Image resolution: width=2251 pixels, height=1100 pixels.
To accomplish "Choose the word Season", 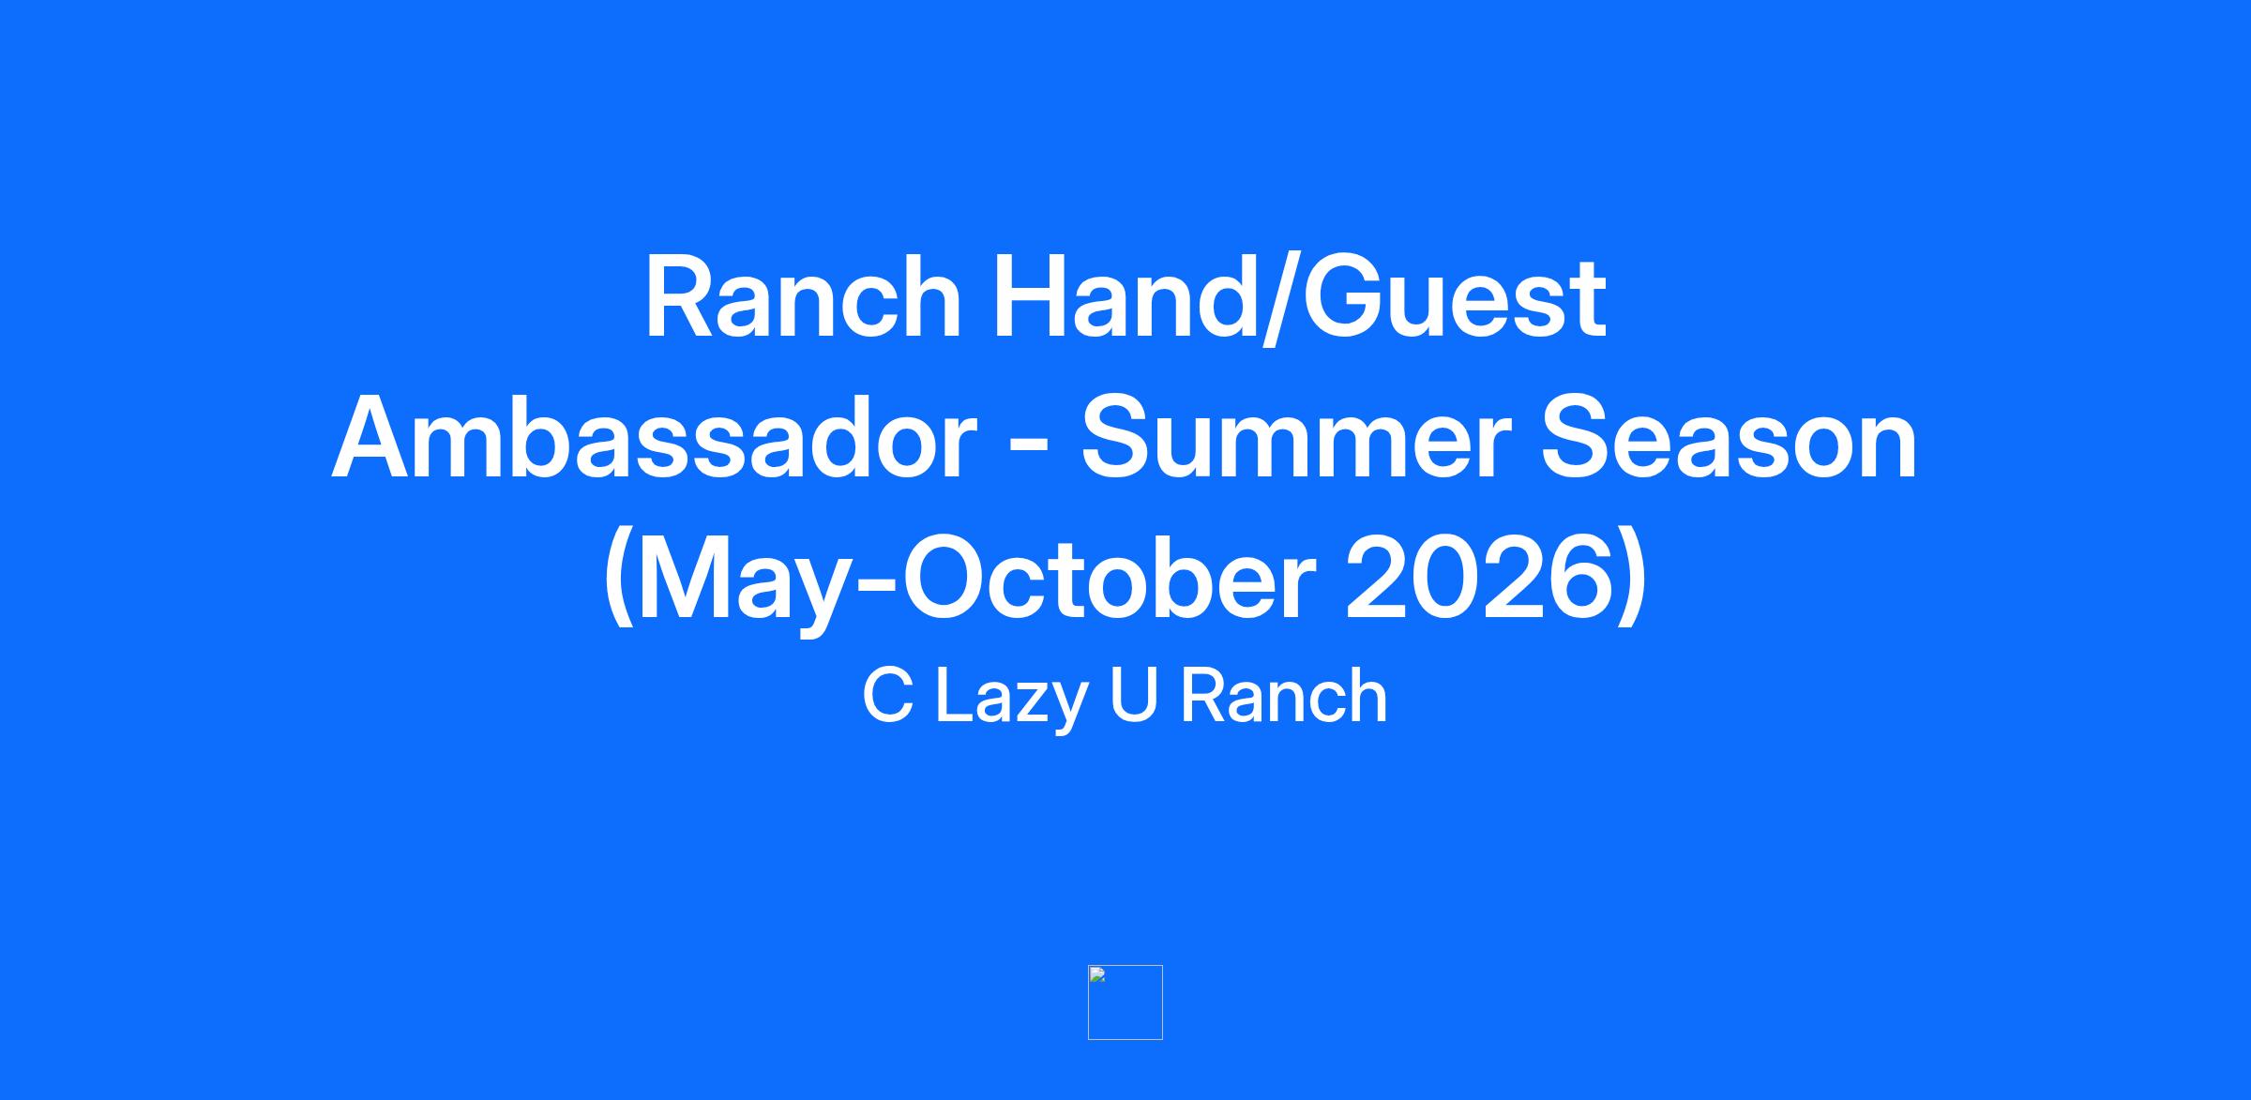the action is pos(1730,439).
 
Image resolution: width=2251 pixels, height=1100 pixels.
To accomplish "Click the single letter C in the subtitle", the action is pos(887,696).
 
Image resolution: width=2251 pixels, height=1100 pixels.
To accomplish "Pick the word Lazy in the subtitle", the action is pos(1011,701).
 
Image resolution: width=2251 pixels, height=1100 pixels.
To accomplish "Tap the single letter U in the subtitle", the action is pos(1133,696).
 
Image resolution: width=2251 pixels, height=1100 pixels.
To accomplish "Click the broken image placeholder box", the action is pos(1125,1002).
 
